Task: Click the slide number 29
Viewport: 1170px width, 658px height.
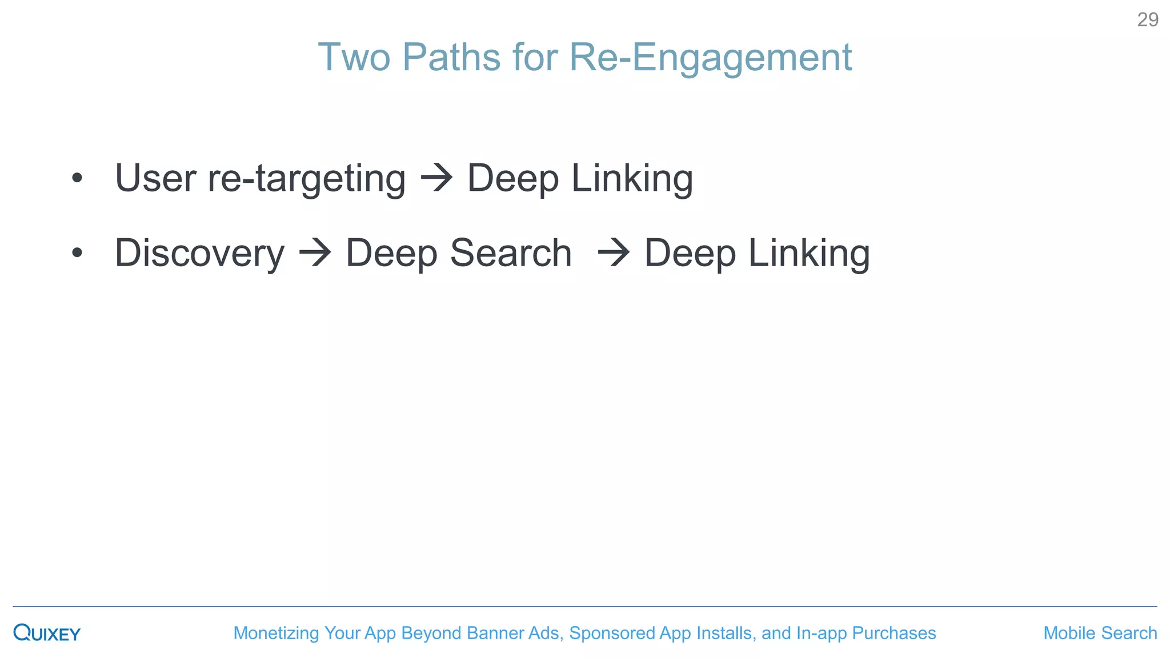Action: (1147, 20)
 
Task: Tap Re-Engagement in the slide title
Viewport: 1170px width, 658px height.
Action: (711, 58)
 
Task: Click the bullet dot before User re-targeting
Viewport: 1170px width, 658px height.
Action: (77, 178)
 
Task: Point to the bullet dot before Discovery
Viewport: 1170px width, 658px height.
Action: (77, 252)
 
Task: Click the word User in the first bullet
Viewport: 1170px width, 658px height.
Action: (155, 178)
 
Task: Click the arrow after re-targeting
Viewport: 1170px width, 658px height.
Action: (437, 178)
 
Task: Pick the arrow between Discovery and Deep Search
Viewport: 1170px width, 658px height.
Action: (315, 253)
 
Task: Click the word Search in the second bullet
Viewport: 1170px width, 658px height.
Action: (511, 252)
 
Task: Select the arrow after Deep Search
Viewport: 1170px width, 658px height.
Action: (614, 253)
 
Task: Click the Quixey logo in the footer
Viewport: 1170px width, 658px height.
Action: (47, 633)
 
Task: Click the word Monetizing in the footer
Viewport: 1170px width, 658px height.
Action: (276, 633)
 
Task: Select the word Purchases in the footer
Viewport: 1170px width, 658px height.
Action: (893, 633)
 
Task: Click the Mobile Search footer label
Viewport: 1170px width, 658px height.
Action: (1100, 633)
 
